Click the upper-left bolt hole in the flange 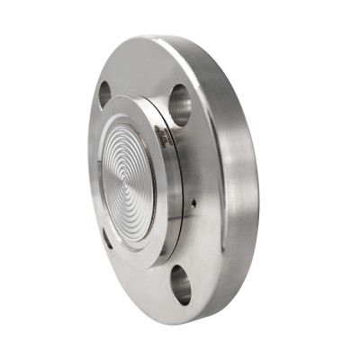(x=104, y=93)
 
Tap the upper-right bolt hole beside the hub (x=179, y=104)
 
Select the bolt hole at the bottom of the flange (x=180, y=283)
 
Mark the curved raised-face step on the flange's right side (x=217, y=180)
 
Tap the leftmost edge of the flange (x=89, y=180)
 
